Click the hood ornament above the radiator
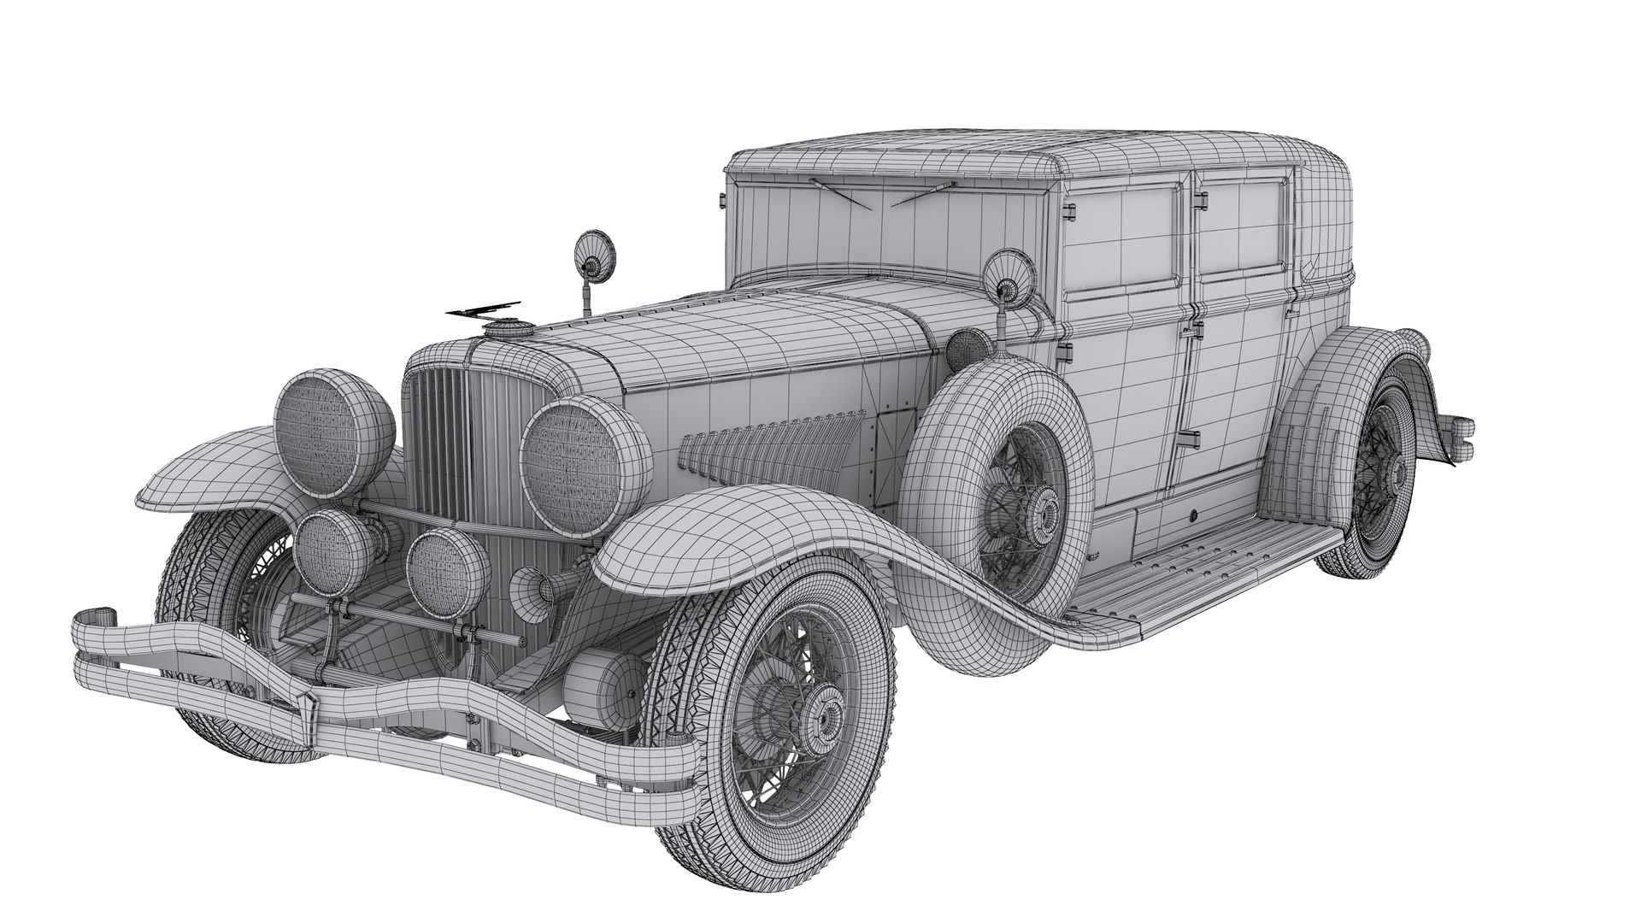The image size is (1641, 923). point(484,309)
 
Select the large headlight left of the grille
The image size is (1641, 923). point(334,432)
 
